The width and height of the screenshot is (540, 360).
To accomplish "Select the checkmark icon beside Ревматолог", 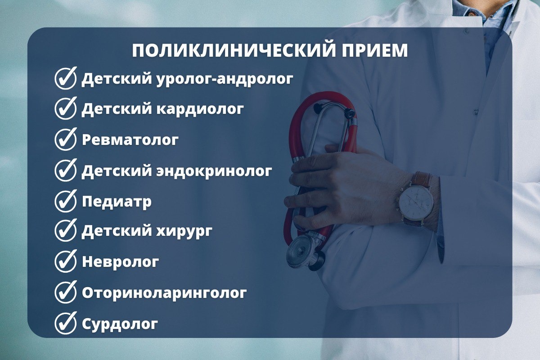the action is [66, 139].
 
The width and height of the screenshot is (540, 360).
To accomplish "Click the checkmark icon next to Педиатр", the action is [66, 201].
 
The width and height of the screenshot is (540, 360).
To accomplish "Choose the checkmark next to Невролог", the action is [66, 261].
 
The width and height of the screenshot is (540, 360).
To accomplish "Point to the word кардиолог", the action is [200, 110].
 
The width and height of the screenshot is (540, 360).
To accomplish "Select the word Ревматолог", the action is [130, 140].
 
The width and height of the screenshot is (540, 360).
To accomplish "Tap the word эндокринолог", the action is [214, 171].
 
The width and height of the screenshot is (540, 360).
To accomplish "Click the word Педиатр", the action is [117, 202].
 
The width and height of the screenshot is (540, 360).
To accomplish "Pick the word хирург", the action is [184, 232].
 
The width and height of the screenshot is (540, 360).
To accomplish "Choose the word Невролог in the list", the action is [120, 261].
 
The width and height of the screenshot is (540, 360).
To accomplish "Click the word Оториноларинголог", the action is [164, 293].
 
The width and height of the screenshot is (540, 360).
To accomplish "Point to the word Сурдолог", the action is [120, 324].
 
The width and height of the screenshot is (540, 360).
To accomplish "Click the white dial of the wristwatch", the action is [416, 201].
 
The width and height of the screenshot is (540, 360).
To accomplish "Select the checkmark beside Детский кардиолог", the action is [66, 108].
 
